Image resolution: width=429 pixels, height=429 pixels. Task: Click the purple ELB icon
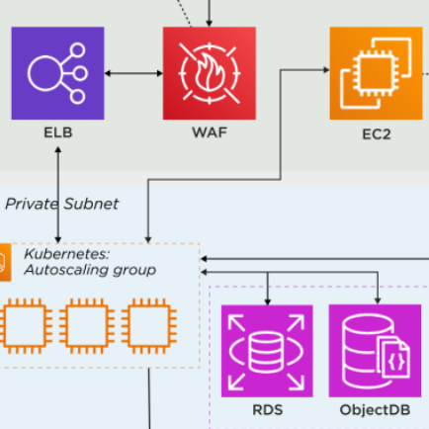click(57, 73)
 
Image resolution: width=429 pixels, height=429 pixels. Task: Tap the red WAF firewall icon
click(210, 73)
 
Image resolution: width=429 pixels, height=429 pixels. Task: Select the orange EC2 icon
click(376, 73)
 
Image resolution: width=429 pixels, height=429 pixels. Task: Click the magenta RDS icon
click(267, 351)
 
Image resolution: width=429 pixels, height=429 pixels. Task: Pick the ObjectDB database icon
click(375, 351)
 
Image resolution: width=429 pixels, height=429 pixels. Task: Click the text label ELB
click(58, 132)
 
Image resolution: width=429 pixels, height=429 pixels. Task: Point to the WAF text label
click(210, 132)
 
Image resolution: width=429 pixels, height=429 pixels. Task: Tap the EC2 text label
click(377, 134)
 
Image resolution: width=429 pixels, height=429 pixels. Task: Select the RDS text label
click(267, 410)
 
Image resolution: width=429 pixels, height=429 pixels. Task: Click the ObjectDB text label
click(375, 410)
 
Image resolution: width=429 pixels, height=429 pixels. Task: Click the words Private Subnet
click(62, 204)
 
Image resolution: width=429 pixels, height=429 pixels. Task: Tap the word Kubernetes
click(66, 254)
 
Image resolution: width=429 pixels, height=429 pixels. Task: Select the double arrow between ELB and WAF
click(133, 73)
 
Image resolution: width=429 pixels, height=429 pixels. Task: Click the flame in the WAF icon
click(210, 72)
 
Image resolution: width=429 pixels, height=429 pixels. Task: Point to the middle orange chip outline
click(87, 326)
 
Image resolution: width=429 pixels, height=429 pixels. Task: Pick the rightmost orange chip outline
click(149, 326)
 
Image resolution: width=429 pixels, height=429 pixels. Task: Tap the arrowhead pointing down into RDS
click(268, 301)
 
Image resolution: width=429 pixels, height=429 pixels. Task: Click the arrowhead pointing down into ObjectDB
click(378, 300)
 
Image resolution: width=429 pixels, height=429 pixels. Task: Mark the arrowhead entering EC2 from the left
click(326, 70)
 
